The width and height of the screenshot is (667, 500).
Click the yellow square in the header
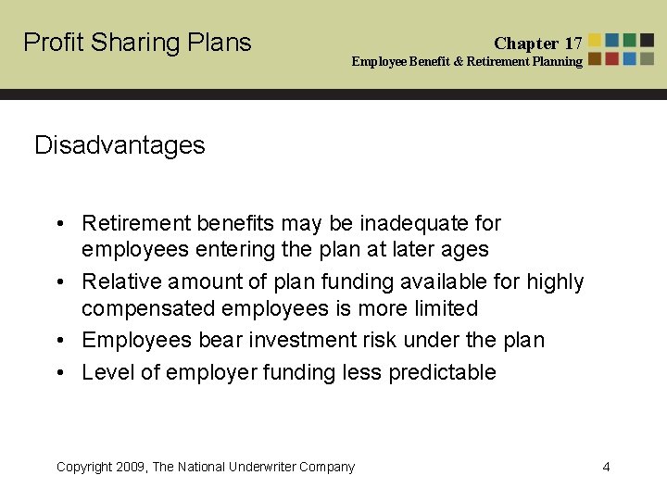point(595,41)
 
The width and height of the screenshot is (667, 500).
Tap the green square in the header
point(630,41)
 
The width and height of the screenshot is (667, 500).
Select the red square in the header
point(595,58)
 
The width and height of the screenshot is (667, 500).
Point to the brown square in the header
point(612,58)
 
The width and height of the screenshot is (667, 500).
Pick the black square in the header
point(648,41)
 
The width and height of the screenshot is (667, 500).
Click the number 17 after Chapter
point(573,43)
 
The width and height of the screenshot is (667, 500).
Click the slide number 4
point(606,467)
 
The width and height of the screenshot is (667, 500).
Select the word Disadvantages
point(120,145)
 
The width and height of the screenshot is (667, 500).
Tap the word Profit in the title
point(50,43)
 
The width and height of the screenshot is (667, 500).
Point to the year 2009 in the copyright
point(132,467)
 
